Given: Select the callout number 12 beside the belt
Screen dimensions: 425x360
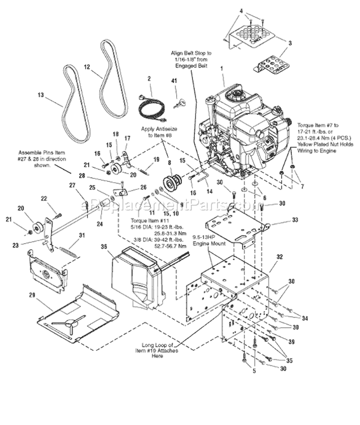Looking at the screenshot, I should [87, 68].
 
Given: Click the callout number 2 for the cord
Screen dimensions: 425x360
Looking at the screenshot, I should [149, 78].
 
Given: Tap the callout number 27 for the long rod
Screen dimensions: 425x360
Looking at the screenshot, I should [72, 185].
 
